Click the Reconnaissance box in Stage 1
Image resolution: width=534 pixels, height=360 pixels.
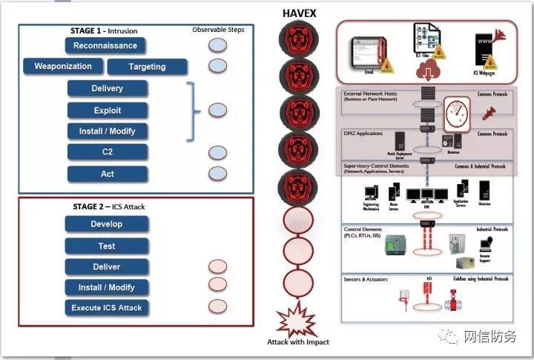click(x=105, y=45)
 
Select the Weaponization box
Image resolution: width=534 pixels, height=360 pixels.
click(x=63, y=66)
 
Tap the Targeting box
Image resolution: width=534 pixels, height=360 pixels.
click(x=147, y=67)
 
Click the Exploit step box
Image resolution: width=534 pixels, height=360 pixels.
click(x=107, y=110)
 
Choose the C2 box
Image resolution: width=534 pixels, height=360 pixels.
click(x=107, y=152)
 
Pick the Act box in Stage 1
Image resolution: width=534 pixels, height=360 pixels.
click(x=107, y=174)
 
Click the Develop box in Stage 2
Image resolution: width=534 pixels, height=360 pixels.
click(x=106, y=224)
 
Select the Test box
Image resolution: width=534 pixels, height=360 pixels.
click(x=106, y=246)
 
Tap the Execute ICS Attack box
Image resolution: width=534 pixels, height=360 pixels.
click(x=106, y=307)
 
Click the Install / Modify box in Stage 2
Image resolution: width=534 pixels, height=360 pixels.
click(x=106, y=287)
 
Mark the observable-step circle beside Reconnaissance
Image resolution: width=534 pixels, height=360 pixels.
click(x=217, y=46)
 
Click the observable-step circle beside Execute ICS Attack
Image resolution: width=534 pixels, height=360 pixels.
click(x=217, y=306)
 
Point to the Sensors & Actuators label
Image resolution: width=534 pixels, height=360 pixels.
click(x=367, y=279)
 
